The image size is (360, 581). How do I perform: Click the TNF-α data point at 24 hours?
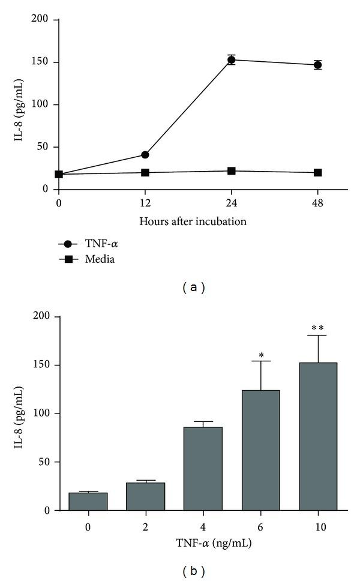(231, 60)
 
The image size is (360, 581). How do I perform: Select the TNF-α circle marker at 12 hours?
(145, 155)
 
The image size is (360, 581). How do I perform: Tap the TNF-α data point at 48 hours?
(317, 65)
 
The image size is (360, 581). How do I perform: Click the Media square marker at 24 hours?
(231, 171)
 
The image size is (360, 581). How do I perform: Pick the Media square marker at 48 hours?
(317, 173)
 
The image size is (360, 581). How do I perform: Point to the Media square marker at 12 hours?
(145, 173)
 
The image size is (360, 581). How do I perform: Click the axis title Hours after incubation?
(193, 221)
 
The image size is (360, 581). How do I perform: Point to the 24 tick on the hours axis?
(231, 204)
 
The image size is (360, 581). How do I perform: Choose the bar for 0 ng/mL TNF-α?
(88, 502)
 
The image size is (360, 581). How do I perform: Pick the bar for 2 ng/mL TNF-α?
(146, 496)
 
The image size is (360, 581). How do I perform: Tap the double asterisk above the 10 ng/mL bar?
(318, 328)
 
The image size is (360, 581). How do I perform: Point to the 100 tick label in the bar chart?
(42, 414)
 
